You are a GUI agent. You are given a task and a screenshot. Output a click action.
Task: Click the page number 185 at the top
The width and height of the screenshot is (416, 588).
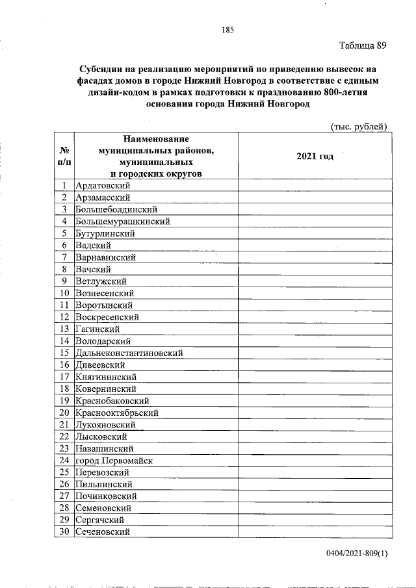click(x=227, y=30)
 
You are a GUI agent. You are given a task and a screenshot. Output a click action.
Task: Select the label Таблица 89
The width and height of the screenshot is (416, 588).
click(x=363, y=45)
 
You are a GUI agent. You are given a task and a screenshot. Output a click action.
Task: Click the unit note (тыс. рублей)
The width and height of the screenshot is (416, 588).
click(x=359, y=125)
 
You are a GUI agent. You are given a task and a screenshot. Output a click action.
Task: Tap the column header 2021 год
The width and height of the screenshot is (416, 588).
click(x=315, y=157)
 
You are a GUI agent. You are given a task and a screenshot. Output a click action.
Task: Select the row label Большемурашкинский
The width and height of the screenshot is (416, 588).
click(x=123, y=222)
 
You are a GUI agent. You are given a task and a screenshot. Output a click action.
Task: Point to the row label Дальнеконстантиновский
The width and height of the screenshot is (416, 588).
click(x=129, y=353)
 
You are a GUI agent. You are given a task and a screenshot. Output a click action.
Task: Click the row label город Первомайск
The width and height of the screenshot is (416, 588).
click(x=114, y=461)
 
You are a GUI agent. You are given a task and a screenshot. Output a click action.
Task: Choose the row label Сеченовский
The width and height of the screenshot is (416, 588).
click(x=103, y=531)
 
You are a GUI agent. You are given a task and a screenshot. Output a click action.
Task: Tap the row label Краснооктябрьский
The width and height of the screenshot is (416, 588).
click(x=117, y=413)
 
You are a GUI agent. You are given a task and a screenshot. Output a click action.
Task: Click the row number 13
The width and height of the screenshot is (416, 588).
click(x=64, y=329)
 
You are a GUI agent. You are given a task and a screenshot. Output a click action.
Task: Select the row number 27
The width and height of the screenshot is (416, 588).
click(x=64, y=496)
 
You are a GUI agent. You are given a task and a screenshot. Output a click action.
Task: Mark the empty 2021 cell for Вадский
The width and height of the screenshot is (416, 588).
click(x=315, y=246)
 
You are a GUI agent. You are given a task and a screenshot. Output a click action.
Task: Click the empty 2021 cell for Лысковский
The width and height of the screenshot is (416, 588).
click(x=315, y=437)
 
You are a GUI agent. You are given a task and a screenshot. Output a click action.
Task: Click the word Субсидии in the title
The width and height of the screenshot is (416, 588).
click(x=101, y=69)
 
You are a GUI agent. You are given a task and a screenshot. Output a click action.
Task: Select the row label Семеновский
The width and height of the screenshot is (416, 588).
click(x=103, y=508)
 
